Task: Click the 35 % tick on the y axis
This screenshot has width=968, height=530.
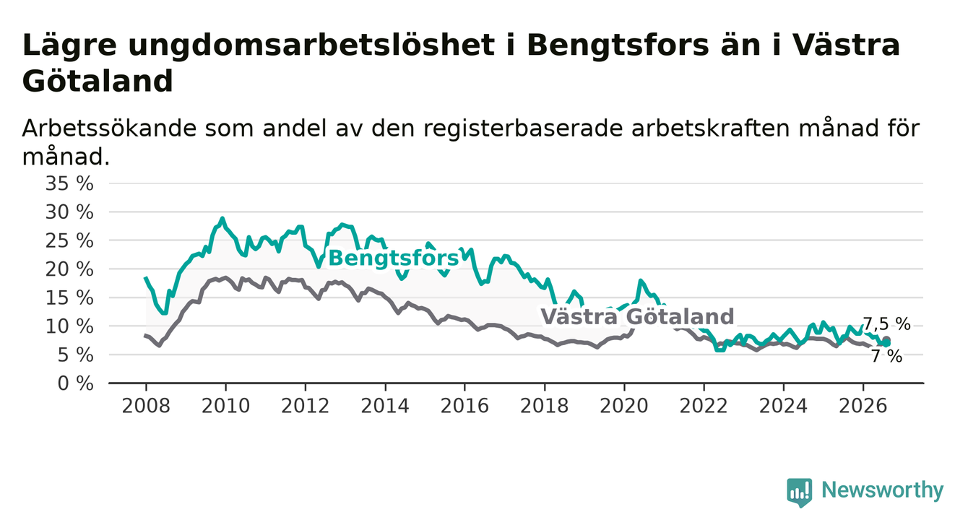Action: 69,183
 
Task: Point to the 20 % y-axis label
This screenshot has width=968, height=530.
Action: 69,269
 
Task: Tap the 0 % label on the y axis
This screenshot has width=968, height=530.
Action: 75,383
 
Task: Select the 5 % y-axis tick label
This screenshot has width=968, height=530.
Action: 75,355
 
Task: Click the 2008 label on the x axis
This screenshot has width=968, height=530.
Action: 146,407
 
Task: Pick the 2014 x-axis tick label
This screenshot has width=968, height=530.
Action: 385,407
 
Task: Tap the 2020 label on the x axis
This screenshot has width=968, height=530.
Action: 624,407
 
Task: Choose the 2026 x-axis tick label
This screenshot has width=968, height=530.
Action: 863,407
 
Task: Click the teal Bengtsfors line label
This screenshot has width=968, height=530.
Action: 393,259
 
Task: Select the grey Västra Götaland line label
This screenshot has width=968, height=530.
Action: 637,316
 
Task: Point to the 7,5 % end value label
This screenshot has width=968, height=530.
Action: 887,323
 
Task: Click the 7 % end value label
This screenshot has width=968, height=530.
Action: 887,357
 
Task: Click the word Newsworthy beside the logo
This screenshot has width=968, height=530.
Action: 883,490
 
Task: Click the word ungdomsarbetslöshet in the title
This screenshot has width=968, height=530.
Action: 311,45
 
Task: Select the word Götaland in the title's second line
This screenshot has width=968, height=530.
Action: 98,81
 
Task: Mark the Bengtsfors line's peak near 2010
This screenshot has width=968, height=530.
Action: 222,218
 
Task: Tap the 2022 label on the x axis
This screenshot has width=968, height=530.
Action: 704,407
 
